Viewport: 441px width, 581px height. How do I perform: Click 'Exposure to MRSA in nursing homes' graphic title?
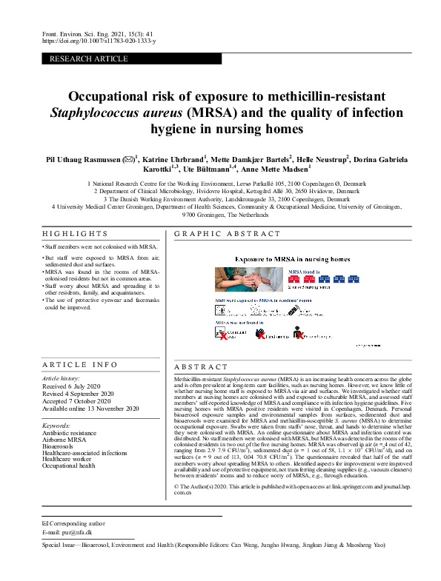point(292,259)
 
